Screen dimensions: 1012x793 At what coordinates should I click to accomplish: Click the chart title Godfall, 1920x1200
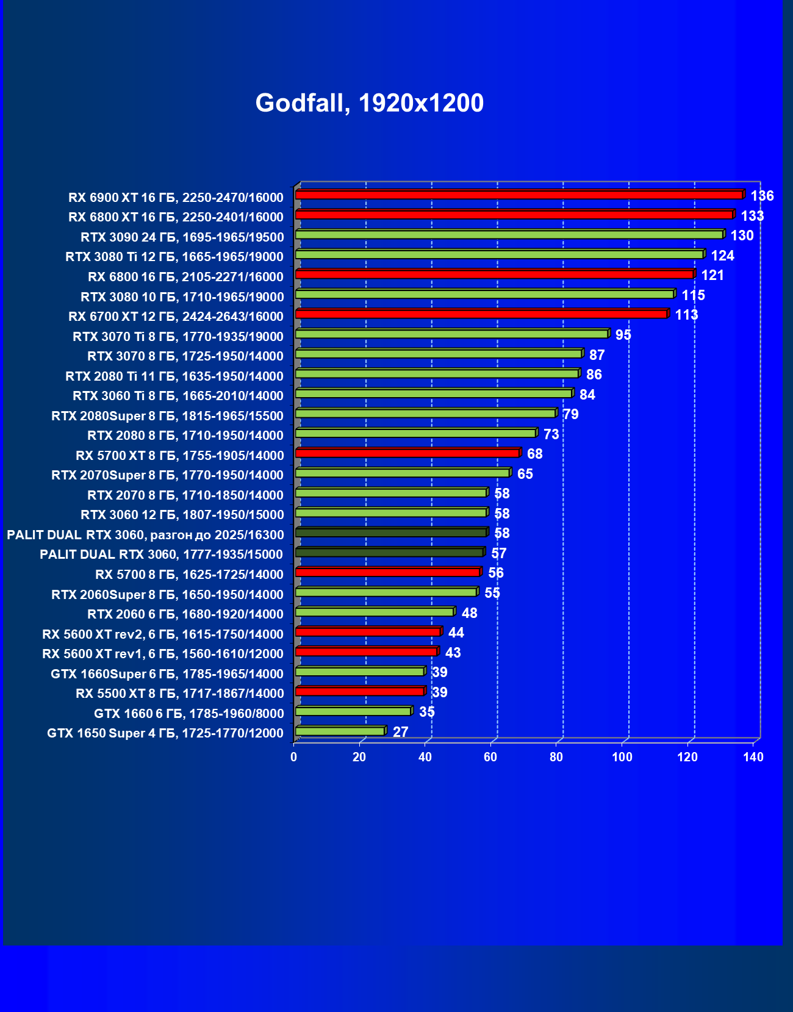coord(369,103)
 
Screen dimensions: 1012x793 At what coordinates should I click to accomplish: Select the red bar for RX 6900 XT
coord(518,195)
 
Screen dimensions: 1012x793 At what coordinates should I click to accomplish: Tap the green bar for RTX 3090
coord(509,235)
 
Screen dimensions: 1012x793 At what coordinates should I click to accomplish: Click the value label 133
coord(752,216)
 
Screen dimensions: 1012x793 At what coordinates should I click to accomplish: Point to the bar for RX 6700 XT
coord(481,314)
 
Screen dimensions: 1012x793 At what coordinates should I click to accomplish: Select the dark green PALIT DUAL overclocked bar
coord(390,533)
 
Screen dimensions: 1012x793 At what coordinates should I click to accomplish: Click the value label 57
coord(498,553)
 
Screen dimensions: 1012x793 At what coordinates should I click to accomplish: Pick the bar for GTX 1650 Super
coord(340,731)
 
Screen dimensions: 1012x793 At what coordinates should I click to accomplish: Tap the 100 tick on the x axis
coord(622,757)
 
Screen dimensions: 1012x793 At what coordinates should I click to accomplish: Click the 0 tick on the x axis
coord(294,757)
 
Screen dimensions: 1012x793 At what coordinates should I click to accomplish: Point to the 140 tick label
coord(753,757)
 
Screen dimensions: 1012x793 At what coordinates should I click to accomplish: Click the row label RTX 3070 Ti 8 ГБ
coord(178,337)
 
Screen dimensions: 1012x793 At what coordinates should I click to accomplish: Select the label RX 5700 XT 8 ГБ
coord(179,456)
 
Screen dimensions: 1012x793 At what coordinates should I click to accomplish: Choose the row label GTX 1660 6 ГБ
coord(188,714)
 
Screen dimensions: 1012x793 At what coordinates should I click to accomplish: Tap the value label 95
coord(623,335)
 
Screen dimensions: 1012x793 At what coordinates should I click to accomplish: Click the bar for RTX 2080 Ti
coord(437,373)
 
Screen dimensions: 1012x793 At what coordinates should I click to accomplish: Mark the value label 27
coord(400,732)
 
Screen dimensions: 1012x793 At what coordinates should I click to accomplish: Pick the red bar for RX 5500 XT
coord(359,691)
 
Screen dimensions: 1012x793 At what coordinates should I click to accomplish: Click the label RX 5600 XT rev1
coord(162,654)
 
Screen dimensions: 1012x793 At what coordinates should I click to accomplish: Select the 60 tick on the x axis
coord(490,757)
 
